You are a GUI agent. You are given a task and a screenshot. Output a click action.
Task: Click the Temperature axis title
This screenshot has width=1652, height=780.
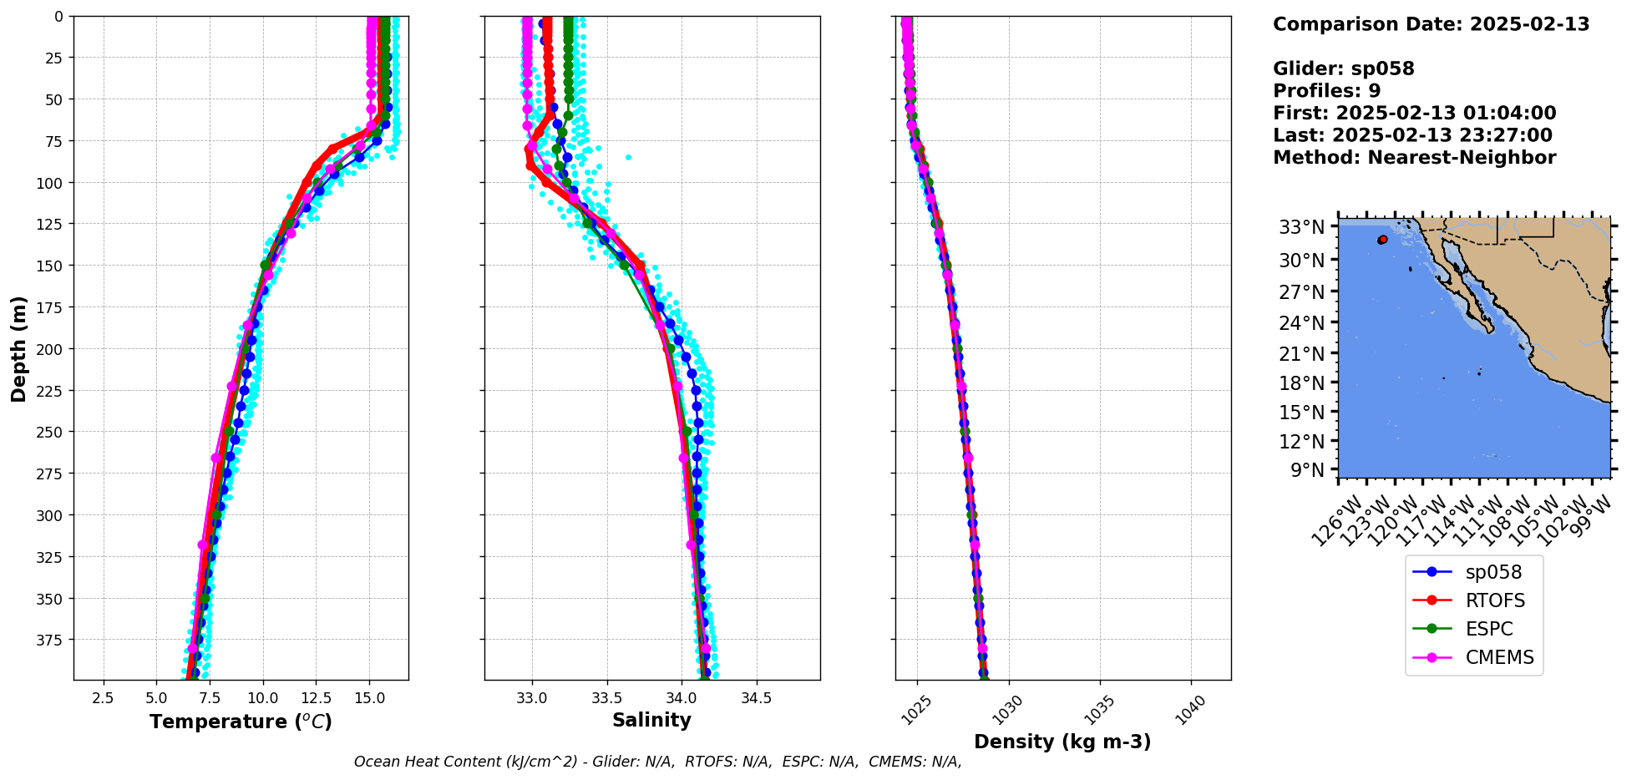coord(241,722)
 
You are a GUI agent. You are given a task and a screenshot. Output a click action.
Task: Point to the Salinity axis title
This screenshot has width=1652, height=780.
coord(651,720)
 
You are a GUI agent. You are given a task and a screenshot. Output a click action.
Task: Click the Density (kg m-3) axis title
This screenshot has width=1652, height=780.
coord(1062,742)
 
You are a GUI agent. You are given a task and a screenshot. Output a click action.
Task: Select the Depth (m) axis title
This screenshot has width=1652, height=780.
coord(18,348)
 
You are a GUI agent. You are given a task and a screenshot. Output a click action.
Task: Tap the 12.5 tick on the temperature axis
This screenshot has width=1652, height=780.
coord(317,697)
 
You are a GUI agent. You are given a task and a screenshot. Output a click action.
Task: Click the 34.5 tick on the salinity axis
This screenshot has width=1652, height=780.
coord(756,697)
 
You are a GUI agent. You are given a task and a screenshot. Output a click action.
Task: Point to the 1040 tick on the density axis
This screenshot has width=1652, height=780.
coord(1191,707)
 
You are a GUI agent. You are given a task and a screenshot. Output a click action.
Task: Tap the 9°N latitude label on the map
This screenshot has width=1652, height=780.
coord(1307,470)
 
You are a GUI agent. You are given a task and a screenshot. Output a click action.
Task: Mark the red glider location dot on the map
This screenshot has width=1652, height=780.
coord(1382,240)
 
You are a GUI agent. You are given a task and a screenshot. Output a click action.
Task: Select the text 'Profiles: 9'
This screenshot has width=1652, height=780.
coord(1326,91)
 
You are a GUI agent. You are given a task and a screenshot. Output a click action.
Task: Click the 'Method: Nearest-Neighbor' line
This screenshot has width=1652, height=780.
coord(1414,158)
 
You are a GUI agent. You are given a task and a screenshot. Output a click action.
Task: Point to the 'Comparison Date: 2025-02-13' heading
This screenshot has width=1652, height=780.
coord(1431,24)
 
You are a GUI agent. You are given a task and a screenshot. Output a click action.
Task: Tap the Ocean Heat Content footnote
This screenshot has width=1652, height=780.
coord(657,762)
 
